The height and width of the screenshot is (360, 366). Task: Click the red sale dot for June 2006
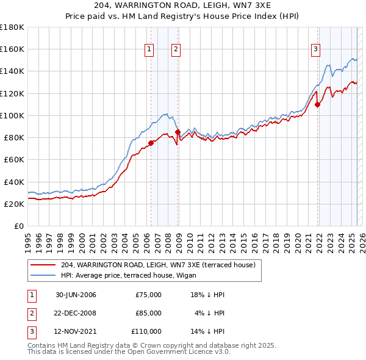[x=151, y=143]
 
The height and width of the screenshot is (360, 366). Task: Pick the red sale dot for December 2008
[x=178, y=132]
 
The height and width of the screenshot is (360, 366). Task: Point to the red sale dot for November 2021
[x=318, y=104]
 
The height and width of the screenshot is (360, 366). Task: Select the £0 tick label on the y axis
[x=18, y=226]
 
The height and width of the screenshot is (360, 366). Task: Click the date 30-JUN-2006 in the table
[x=76, y=295]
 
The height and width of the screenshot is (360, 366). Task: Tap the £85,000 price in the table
[x=148, y=313]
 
